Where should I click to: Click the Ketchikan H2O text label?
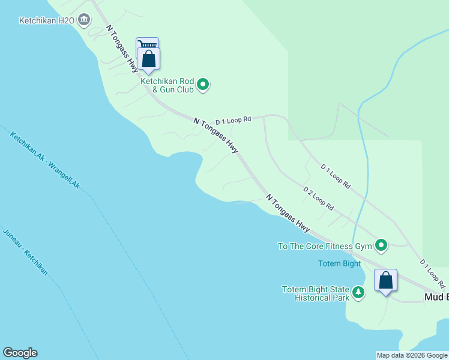pyautogui.click(x=46, y=20)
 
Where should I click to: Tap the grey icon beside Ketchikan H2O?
pyautogui.click(x=84, y=20)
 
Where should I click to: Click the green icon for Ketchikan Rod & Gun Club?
pyautogui.click(x=203, y=85)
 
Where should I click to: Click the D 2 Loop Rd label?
pyautogui.click(x=318, y=199)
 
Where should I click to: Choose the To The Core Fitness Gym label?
pyautogui.click(x=324, y=245)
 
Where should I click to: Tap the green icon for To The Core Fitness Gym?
pyautogui.click(x=381, y=245)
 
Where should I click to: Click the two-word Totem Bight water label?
pyautogui.click(x=339, y=263)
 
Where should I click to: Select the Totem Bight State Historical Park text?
pyautogui.click(x=316, y=293)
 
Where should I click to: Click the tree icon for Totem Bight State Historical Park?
pyautogui.click(x=358, y=293)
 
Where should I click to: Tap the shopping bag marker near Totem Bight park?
pyautogui.click(x=385, y=281)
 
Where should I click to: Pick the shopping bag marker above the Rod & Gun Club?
pyautogui.click(x=148, y=59)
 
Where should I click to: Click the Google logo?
pyautogui.click(x=20, y=353)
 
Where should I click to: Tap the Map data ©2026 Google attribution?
pyautogui.click(x=412, y=355)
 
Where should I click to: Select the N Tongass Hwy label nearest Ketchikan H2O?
pyautogui.click(x=122, y=49)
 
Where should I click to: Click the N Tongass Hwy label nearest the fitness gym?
pyautogui.click(x=288, y=213)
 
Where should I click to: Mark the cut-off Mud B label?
pyautogui.click(x=436, y=297)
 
